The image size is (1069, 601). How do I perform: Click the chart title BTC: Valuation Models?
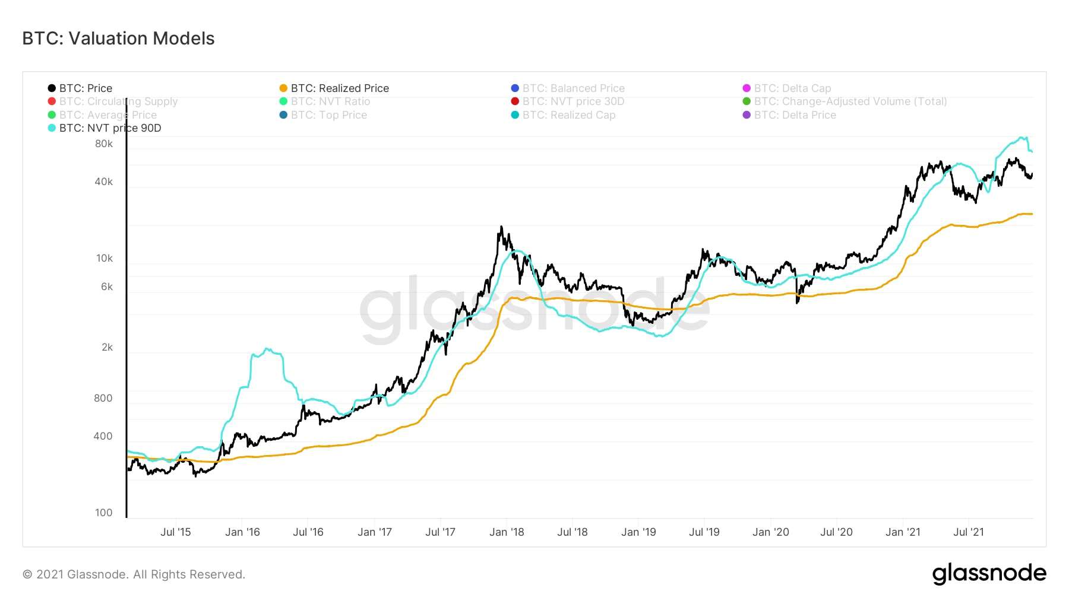pyautogui.click(x=118, y=39)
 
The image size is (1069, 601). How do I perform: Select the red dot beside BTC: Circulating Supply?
pyautogui.click(x=52, y=101)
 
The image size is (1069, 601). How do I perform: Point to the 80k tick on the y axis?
pyautogui.click(x=104, y=144)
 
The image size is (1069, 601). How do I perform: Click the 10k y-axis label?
pyautogui.click(x=105, y=258)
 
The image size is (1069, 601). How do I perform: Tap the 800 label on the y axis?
pyautogui.click(x=103, y=398)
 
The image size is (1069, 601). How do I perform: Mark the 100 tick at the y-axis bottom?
pyautogui.click(x=104, y=513)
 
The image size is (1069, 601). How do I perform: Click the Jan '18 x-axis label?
pyautogui.click(x=507, y=532)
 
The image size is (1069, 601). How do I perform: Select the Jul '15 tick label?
pyautogui.click(x=176, y=532)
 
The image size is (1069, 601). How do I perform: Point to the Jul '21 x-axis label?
pyautogui.click(x=969, y=532)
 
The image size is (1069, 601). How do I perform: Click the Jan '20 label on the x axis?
pyautogui.click(x=771, y=532)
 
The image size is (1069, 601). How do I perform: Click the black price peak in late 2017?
pyautogui.click(x=502, y=227)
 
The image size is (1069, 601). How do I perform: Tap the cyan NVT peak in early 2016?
pyautogui.click(x=267, y=349)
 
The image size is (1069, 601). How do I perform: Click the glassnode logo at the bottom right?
pyautogui.click(x=989, y=574)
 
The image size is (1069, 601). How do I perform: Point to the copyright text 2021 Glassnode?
pyautogui.click(x=134, y=574)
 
